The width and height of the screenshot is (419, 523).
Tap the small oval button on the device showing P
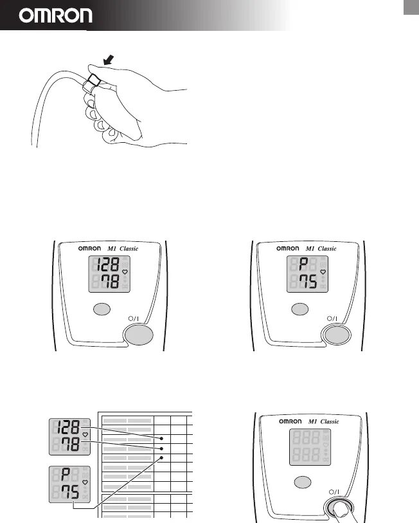pos(299,309)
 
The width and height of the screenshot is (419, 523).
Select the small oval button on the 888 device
pos(302,482)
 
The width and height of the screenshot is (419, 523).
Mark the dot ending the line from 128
pos(162,437)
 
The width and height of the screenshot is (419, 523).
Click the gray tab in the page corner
pos(411,6)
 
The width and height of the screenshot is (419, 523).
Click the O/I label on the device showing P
pos(332,318)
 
